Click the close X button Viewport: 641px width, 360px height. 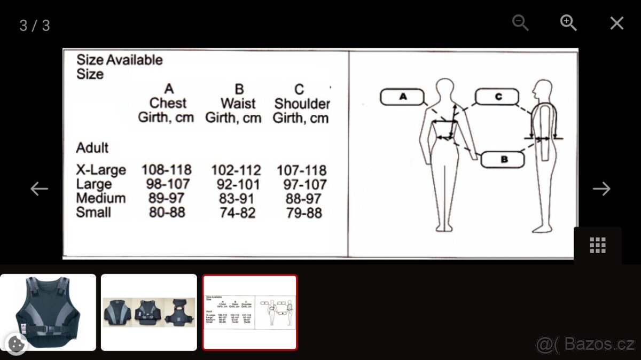[616, 23]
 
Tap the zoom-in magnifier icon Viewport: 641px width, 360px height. [568, 23]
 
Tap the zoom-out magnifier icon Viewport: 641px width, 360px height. [520, 23]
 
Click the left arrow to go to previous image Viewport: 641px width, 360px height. [39, 189]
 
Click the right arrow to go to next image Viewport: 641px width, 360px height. [601, 189]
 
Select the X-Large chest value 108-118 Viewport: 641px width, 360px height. [167, 170]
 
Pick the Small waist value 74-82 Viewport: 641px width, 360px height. [238, 213]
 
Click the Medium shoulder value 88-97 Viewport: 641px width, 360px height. [303, 199]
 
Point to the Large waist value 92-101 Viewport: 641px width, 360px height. [238, 184]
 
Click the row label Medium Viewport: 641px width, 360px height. [101, 198]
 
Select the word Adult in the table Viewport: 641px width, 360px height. [92, 148]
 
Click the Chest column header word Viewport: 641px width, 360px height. [168, 103]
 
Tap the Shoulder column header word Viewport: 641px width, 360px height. [302, 104]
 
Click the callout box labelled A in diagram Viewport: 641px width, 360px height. [402, 97]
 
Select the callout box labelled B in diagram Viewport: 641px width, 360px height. [503, 159]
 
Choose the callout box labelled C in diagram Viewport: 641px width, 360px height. [497, 97]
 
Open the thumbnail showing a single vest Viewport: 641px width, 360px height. [48, 312]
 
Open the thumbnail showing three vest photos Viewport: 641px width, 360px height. [149, 312]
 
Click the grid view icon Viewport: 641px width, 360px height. [598, 245]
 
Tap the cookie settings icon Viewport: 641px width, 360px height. [16, 343]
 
